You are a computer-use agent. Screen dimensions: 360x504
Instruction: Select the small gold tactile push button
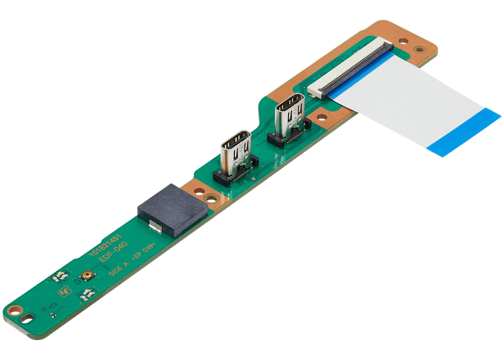coord(86,275)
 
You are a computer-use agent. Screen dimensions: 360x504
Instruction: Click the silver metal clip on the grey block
coord(155,226)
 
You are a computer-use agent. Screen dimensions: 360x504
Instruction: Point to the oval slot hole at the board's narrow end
coord(25,318)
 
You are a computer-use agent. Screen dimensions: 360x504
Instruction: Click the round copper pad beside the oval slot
coord(16,310)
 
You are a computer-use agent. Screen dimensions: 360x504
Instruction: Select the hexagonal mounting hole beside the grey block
coord(211,198)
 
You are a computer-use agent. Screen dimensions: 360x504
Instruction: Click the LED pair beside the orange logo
coord(83,295)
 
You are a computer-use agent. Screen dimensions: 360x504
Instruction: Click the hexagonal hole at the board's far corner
coord(419,49)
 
